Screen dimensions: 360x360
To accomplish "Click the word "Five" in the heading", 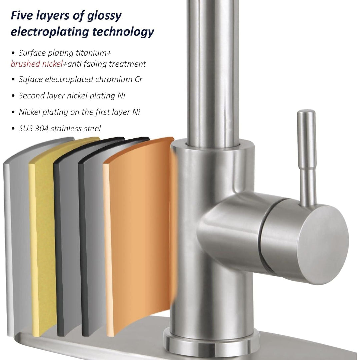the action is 22,16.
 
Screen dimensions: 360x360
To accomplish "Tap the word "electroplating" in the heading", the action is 50,32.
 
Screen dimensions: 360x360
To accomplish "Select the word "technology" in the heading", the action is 123,32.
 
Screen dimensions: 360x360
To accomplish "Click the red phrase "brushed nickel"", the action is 37,64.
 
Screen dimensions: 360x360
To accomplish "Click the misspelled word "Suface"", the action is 31,79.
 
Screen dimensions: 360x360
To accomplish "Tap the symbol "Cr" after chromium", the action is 138,79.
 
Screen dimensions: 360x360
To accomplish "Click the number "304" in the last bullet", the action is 41,129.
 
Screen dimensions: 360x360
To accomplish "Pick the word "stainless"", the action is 66,129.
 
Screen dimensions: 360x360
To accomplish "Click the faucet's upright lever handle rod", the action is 307,158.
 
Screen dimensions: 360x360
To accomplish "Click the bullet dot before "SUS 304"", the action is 13,129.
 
